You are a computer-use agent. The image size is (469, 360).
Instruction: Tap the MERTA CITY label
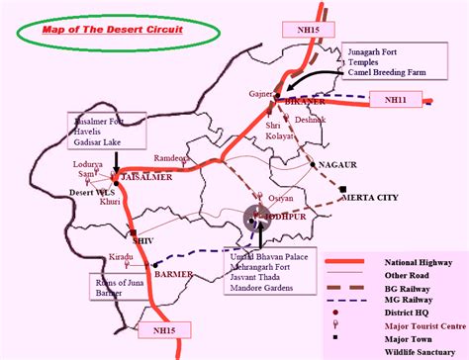click(x=368, y=197)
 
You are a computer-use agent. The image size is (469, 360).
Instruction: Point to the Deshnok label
click(x=309, y=121)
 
